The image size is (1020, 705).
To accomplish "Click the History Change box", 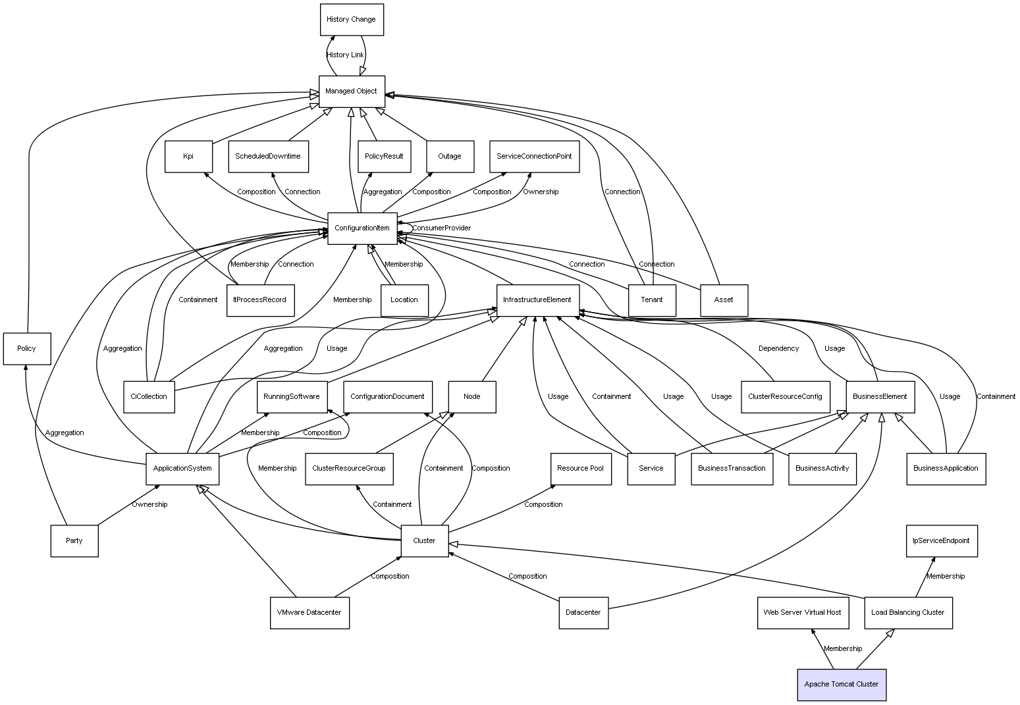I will (x=351, y=20).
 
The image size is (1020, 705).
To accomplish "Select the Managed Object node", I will (x=351, y=91).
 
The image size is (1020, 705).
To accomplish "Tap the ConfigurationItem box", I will (x=362, y=228).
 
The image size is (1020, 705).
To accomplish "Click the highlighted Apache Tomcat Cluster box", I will (x=841, y=685).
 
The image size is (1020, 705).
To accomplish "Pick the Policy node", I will (x=26, y=349).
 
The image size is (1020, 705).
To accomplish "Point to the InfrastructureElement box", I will (x=537, y=300).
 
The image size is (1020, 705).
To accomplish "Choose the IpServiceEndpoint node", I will (x=941, y=541).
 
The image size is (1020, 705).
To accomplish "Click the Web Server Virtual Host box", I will (x=802, y=613).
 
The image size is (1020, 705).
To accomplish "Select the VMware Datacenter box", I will (x=309, y=613).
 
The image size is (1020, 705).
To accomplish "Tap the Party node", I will (x=74, y=541).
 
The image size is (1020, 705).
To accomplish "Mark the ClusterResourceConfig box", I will (x=785, y=397).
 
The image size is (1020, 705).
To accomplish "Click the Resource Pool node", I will (x=580, y=469).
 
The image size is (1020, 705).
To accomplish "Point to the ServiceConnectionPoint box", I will (x=534, y=157).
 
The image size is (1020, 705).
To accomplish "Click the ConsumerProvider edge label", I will (x=441, y=228).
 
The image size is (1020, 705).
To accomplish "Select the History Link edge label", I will (x=345, y=55).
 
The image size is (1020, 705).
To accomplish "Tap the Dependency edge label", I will (x=778, y=349).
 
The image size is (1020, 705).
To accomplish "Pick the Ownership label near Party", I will (x=149, y=505).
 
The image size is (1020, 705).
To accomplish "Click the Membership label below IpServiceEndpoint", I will (x=945, y=577).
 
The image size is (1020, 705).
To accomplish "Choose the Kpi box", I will (x=188, y=157).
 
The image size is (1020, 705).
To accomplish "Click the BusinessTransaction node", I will (x=732, y=469).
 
